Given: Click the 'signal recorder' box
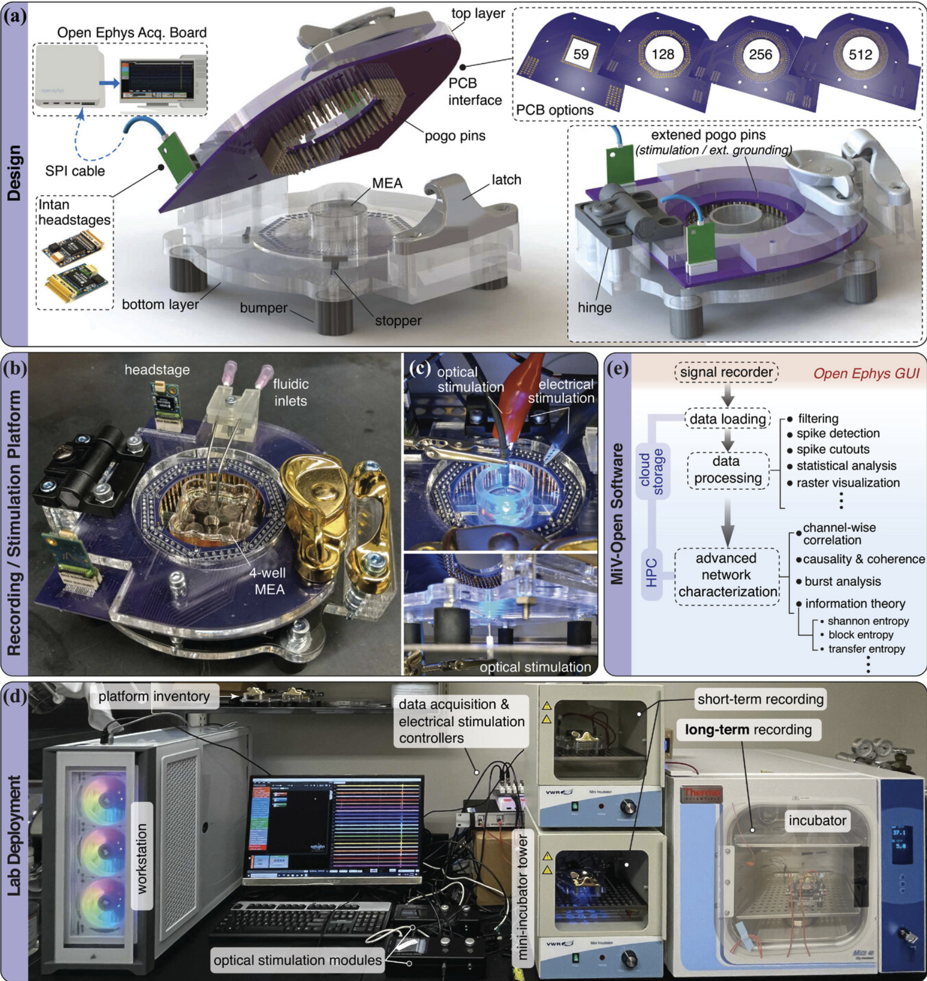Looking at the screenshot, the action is point(726,372).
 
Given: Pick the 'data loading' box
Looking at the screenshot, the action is point(727,419).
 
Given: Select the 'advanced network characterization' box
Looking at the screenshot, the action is point(727,575).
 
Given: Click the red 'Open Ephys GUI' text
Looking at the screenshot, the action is point(866,373).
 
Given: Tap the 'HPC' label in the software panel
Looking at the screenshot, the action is point(651,573).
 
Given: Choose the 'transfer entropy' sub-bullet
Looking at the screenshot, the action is point(862,648).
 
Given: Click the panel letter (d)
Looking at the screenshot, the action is point(15,697).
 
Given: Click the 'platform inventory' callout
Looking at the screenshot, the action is point(154,696).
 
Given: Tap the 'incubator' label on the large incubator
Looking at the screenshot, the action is point(817,820).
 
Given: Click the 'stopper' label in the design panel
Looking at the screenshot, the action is point(398,321).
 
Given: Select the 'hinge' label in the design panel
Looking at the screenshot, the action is point(595,307).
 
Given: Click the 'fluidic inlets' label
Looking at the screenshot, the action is point(291,392).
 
